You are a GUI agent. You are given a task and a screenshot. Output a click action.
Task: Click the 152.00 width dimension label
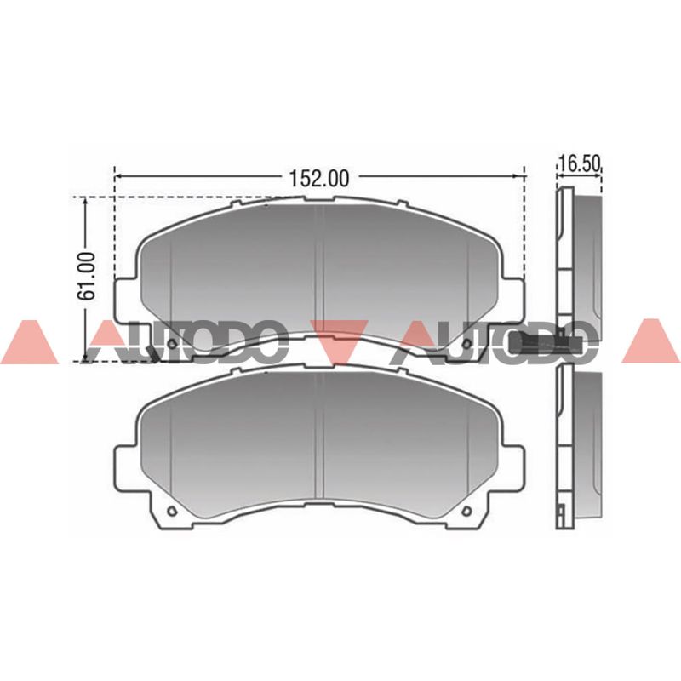point(319,178)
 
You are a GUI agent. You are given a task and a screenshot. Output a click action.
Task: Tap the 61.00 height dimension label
point(87,276)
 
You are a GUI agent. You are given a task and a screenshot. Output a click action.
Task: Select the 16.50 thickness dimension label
point(580,164)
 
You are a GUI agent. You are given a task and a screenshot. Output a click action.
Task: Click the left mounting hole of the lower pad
point(172,511)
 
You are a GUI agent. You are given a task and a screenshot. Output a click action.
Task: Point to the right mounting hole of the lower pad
point(467,511)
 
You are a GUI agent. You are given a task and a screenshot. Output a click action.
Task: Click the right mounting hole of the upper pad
point(467,344)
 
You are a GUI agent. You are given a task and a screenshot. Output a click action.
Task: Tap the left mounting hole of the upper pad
point(172,344)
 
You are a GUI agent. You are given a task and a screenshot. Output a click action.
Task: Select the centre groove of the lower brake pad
point(319,436)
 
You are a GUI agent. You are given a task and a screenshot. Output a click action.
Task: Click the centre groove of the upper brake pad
point(319,268)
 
